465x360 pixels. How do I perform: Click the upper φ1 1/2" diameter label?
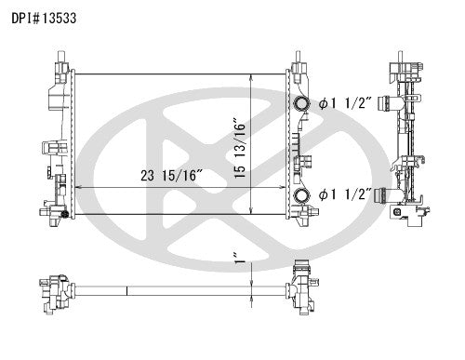[345, 103]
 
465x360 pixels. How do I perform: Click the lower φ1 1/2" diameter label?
[345, 194]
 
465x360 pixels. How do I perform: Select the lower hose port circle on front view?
[300, 195]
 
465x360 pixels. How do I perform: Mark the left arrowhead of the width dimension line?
[76, 187]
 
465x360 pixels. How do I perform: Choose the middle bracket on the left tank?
[50, 146]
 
